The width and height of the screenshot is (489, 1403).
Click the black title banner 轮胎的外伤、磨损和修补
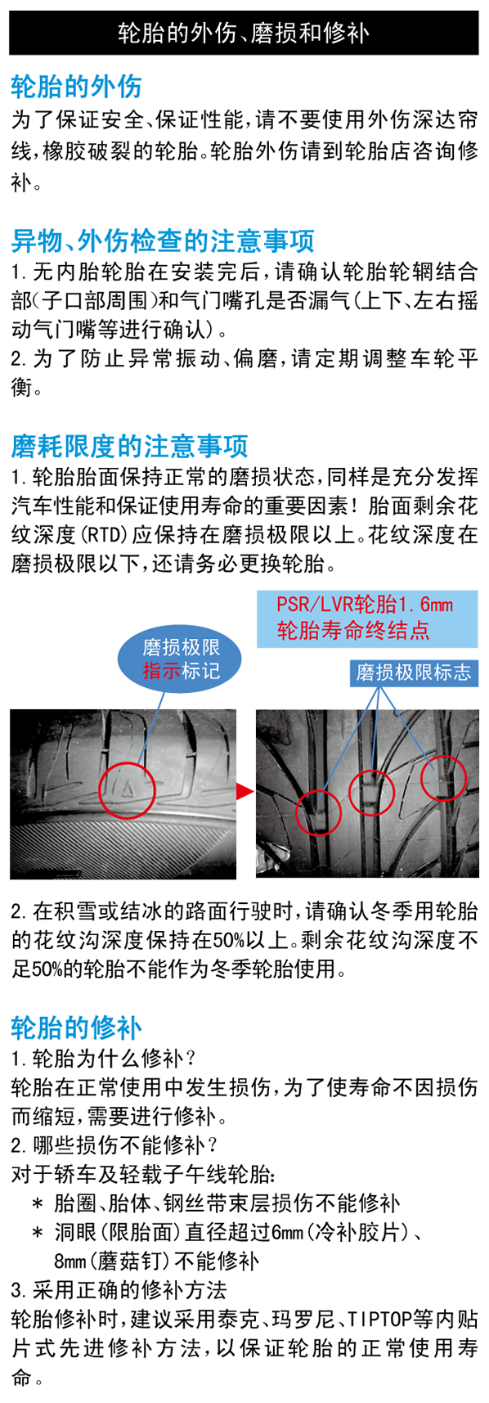244,32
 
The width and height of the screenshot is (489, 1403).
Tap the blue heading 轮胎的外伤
77,86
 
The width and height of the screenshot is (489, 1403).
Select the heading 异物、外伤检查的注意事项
163,241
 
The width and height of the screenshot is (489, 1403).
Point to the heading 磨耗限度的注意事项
129,446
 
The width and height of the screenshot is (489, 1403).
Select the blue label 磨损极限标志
413,672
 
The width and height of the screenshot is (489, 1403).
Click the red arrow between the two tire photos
245,791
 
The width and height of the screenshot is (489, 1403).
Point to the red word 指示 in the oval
161,671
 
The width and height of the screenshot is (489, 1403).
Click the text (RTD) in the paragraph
102,535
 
